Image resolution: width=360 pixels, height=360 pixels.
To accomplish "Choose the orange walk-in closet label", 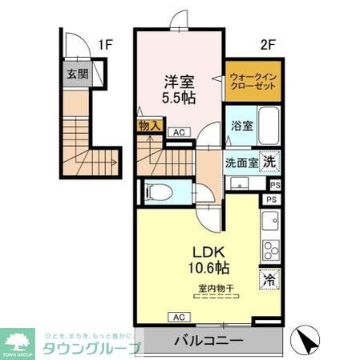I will pos(252,82).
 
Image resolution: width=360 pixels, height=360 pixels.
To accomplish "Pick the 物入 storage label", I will pos(149,126).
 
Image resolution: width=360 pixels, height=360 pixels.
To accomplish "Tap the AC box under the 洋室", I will pos(179,133).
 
